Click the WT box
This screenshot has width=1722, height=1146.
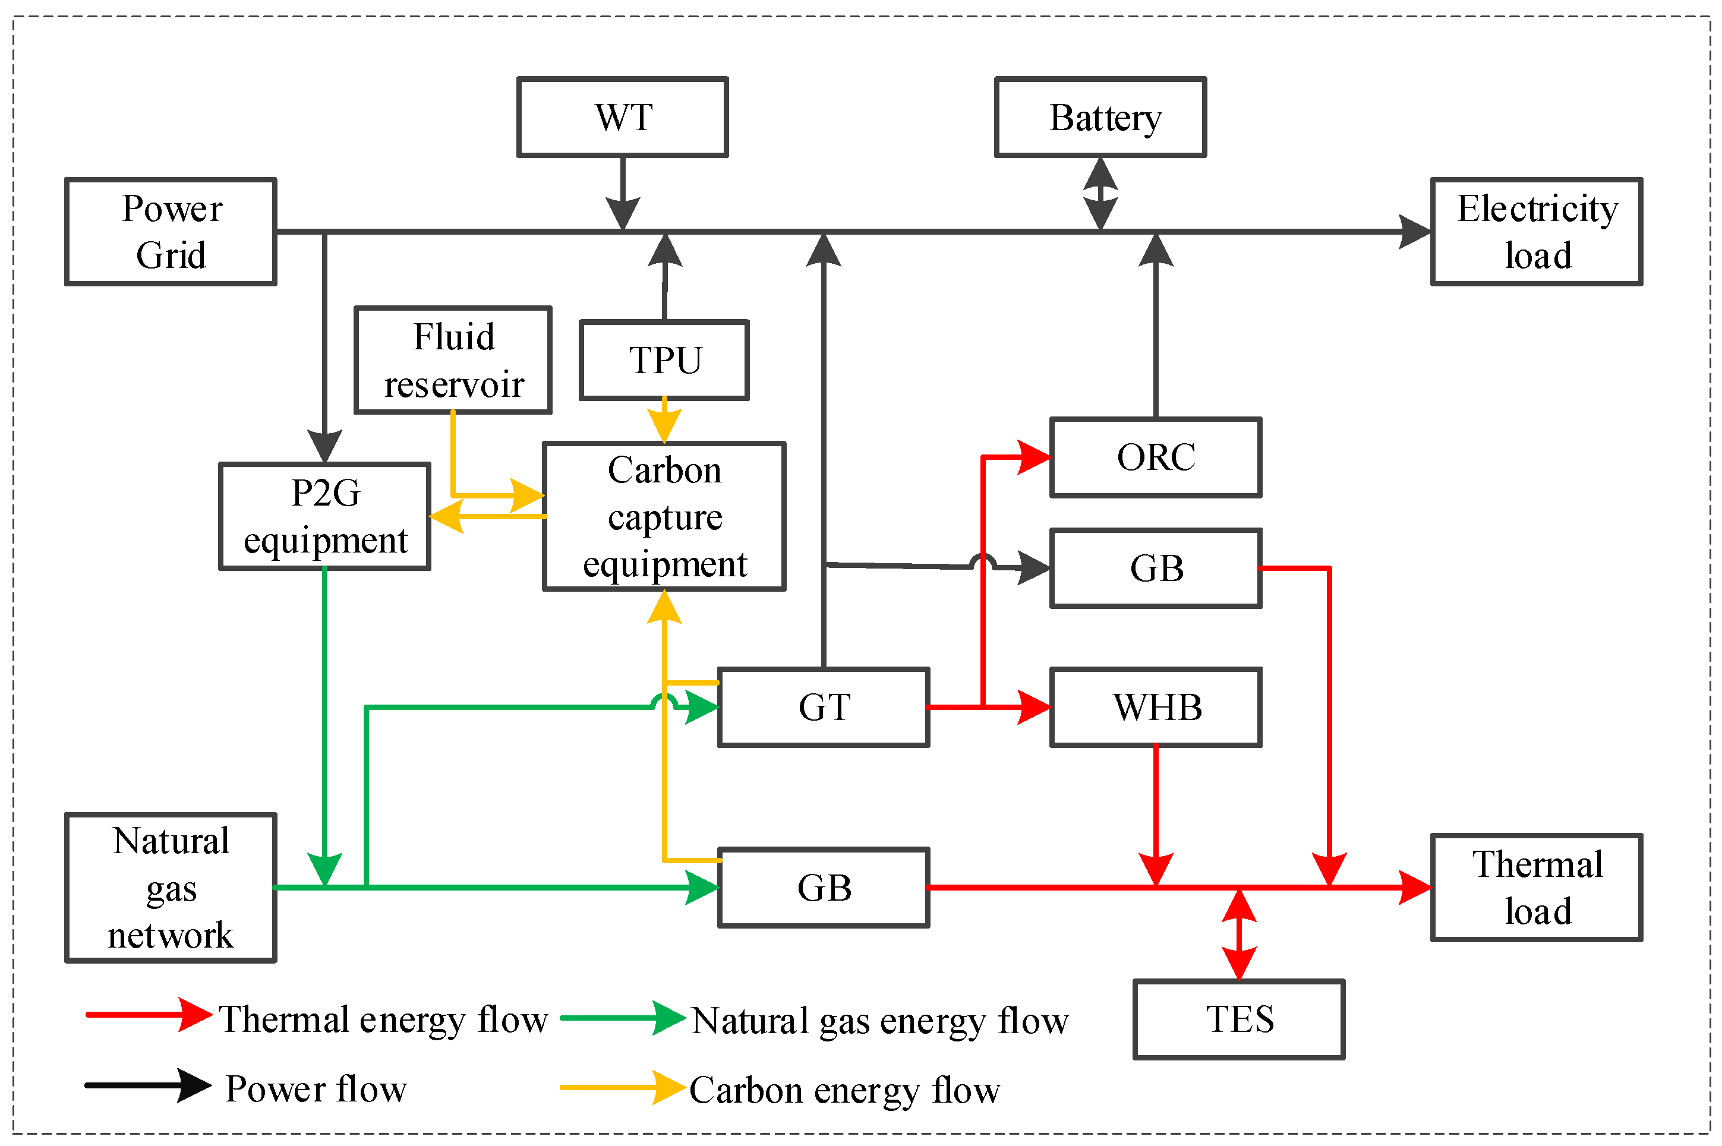coord(622,117)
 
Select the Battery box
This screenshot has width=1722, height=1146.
coord(1099,117)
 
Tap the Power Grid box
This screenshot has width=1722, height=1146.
coord(171,232)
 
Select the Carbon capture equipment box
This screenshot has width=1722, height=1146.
coord(664,516)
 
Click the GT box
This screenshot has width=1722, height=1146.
coord(823,708)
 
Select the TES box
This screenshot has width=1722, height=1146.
coord(1238,1019)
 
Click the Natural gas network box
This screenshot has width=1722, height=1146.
coord(171,887)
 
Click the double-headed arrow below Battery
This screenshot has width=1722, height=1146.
coord(1100,194)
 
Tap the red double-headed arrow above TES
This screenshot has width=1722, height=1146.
coord(1239,934)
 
